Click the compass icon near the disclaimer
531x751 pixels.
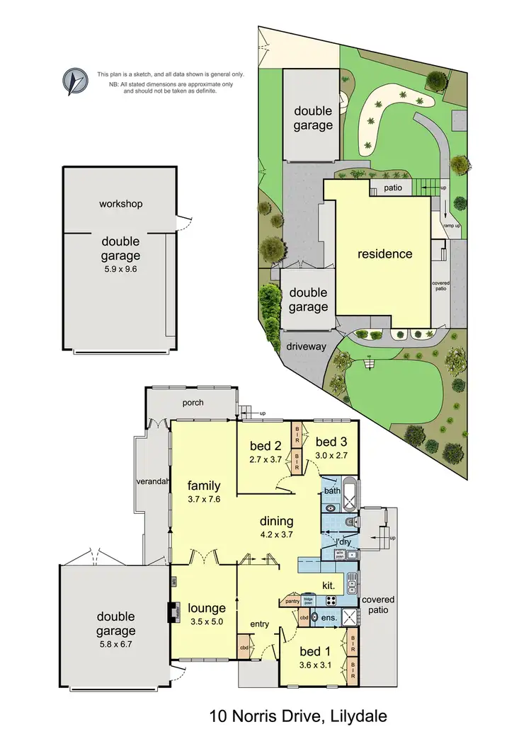coord(74,81)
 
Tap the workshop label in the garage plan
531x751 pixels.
coord(120,204)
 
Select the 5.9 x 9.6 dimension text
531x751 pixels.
coord(120,270)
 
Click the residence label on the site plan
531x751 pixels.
coord(384,253)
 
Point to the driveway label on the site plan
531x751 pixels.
coord(306,347)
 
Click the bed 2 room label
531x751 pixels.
coord(265,446)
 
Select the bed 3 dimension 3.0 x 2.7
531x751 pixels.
coord(331,457)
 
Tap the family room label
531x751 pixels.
coord(204,486)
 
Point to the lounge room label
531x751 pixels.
coord(207,607)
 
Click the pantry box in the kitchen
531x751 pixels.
coord(291,601)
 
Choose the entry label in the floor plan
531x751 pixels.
coord(259,624)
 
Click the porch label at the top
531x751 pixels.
coord(193,403)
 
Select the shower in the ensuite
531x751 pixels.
coord(350,616)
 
